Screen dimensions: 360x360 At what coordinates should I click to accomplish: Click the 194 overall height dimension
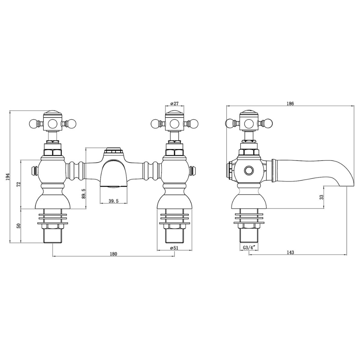(8, 177)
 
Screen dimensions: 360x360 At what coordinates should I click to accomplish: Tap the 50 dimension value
(19, 225)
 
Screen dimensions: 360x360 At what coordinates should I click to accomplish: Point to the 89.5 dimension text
(84, 193)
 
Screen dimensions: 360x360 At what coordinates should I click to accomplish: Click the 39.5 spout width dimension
(114, 201)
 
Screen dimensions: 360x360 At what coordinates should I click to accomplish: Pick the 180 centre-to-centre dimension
(114, 254)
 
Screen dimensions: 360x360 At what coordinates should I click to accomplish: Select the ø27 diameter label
(175, 103)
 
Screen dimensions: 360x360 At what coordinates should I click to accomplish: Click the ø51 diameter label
(174, 248)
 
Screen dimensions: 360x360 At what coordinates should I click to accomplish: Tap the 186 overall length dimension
(290, 103)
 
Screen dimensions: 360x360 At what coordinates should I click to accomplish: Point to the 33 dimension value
(321, 197)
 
